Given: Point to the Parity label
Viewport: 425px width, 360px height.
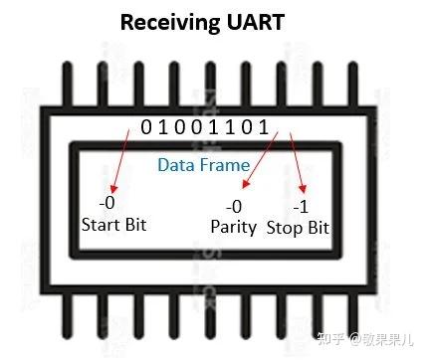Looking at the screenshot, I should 234,227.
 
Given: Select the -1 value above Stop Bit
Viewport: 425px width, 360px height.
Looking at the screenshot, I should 301,206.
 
